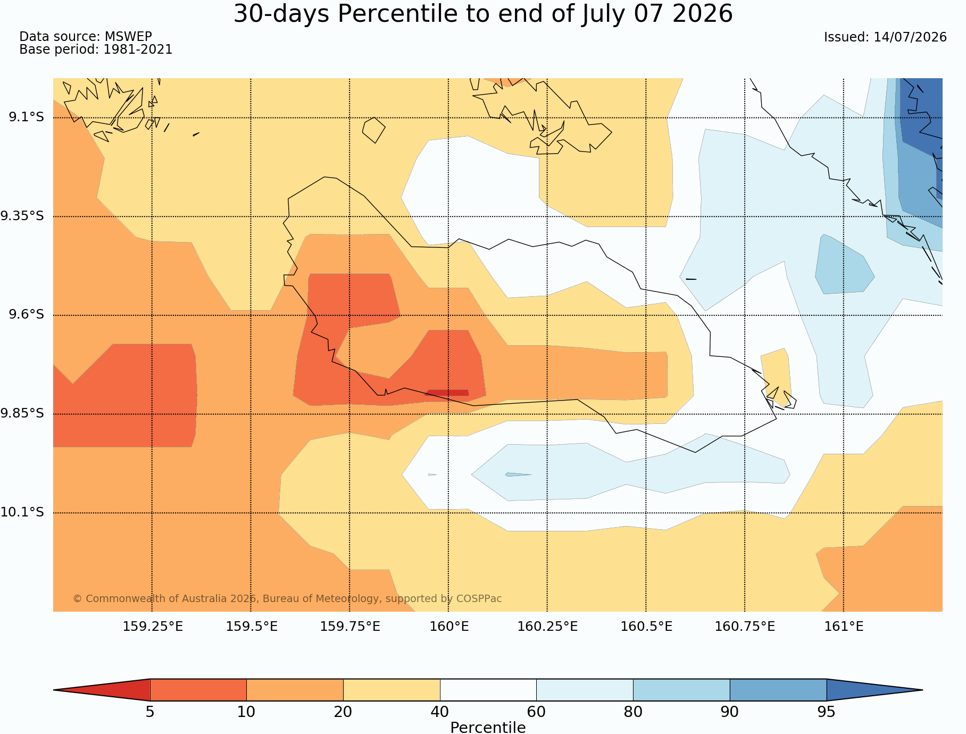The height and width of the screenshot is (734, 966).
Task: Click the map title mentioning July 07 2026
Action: point(483,14)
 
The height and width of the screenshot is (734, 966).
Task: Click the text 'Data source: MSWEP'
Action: point(86,37)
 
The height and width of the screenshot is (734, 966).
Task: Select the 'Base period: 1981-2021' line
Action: point(96,49)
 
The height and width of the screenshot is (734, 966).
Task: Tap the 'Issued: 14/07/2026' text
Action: point(885,37)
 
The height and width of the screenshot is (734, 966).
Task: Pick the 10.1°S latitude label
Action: point(22,512)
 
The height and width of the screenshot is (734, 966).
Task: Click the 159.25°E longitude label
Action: point(153,627)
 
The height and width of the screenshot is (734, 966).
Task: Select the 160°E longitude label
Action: point(449,627)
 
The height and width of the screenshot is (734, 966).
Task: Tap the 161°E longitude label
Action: point(844,627)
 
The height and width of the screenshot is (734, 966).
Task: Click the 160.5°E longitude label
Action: point(646,627)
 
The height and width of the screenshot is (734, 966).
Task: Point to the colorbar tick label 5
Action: point(150,712)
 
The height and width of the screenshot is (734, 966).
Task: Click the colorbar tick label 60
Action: point(536,712)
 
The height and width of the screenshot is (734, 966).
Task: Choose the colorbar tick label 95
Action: point(827,712)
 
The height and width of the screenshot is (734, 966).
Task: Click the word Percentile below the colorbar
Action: point(488,728)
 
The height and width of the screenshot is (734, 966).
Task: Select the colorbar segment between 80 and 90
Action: point(681,690)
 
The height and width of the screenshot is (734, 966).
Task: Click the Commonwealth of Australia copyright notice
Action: point(287,598)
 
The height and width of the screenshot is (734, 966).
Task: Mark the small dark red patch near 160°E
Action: point(447,393)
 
